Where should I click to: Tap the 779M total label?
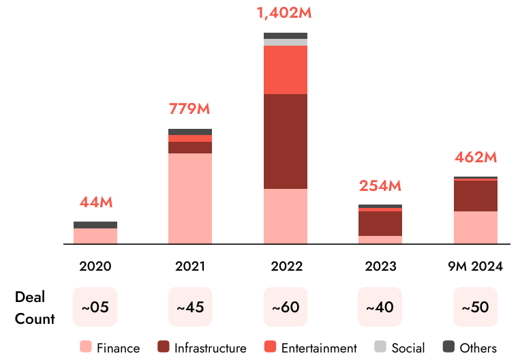(x=189, y=108)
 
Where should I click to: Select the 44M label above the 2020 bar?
(x=95, y=202)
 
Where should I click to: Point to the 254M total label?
(x=380, y=185)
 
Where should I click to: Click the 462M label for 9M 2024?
(x=475, y=157)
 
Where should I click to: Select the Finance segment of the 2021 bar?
(x=190, y=198)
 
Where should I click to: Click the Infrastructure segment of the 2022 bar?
(x=286, y=141)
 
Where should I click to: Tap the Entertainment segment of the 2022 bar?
(x=286, y=70)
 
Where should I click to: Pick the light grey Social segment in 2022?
(x=286, y=42)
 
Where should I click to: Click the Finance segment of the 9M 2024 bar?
(x=475, y=227)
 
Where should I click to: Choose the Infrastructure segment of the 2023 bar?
(x=380, y=223)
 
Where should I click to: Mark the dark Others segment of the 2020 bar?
(x=95, y=225)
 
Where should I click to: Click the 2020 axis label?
(x=95, y=266)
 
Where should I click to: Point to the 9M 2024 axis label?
(x=475, y=266)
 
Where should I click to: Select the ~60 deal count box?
(x=286, y=307)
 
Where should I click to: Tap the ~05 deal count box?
(x=95, y=307)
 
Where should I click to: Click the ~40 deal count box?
(x=380, y=307)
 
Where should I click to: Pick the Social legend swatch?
(x=380, y=347)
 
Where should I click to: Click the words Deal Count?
(x=34, y=307)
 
